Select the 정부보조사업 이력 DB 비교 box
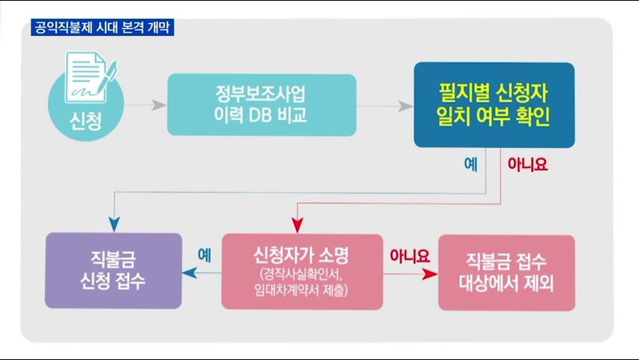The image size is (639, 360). (x=261, y=105)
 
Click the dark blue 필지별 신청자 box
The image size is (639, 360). (x=493, y=105)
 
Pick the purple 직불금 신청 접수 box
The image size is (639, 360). (x=113, y=271)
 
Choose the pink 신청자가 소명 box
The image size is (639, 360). (x=301, y=271)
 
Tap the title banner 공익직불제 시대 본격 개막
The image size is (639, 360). (x=103, y=28)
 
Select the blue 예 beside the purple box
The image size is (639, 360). (x=204, y=255)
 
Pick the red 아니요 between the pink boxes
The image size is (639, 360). (x=409, y=255)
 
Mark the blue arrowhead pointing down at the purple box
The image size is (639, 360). (x=114, y=223)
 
